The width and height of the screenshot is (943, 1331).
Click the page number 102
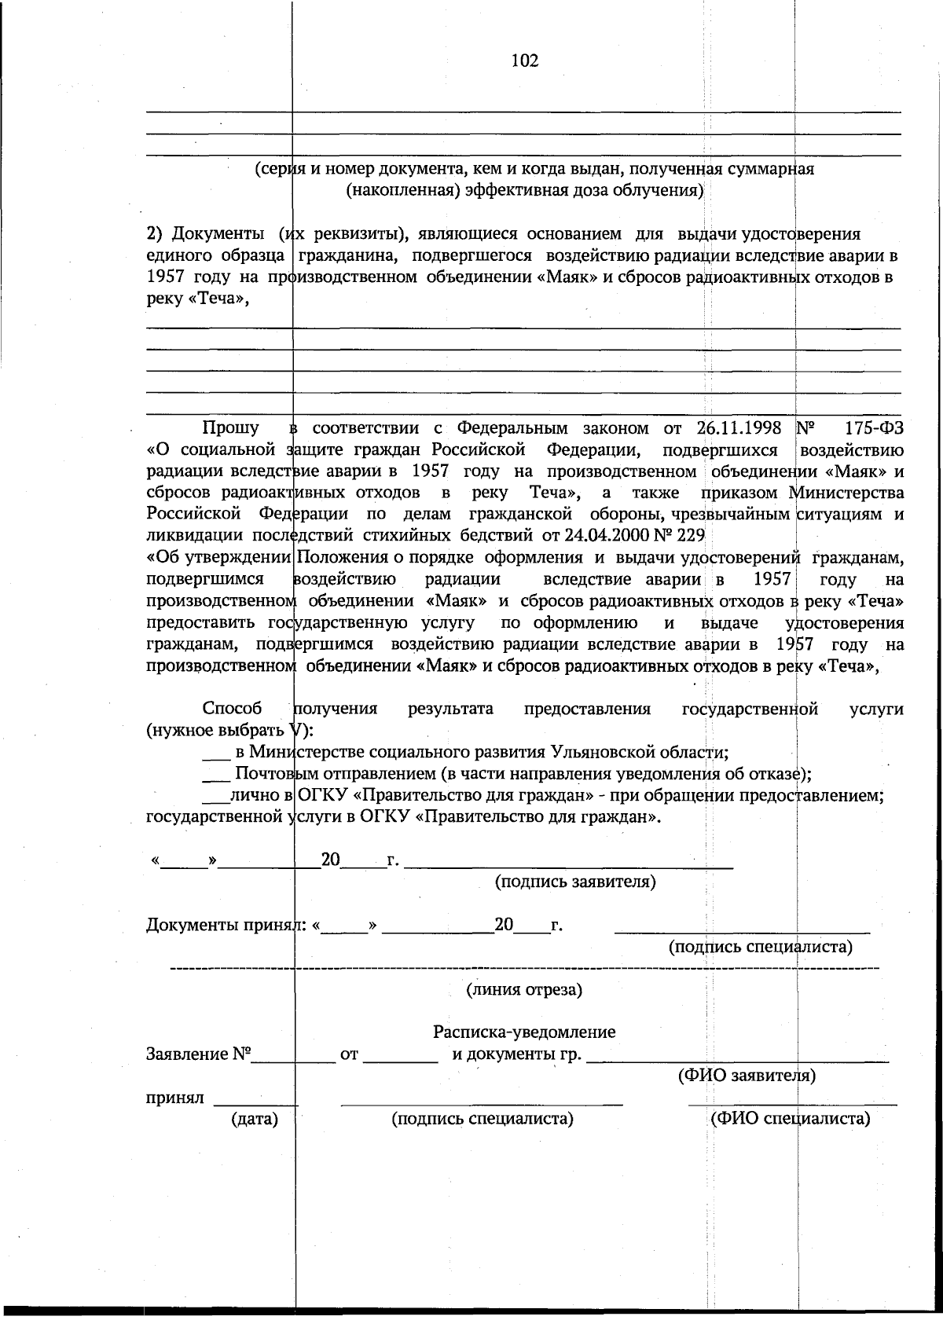point(525,61)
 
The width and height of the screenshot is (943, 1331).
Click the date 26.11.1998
point(739,428)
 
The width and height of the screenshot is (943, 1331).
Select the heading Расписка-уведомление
point(524,1032)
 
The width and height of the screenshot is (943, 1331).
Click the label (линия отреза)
point(524,988)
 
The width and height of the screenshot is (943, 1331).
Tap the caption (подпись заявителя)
point(575,882)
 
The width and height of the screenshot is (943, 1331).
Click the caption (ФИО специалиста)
point(790,1118)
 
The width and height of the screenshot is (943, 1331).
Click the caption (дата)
point(255,1118)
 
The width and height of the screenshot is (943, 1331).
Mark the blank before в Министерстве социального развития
point(215,753)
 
